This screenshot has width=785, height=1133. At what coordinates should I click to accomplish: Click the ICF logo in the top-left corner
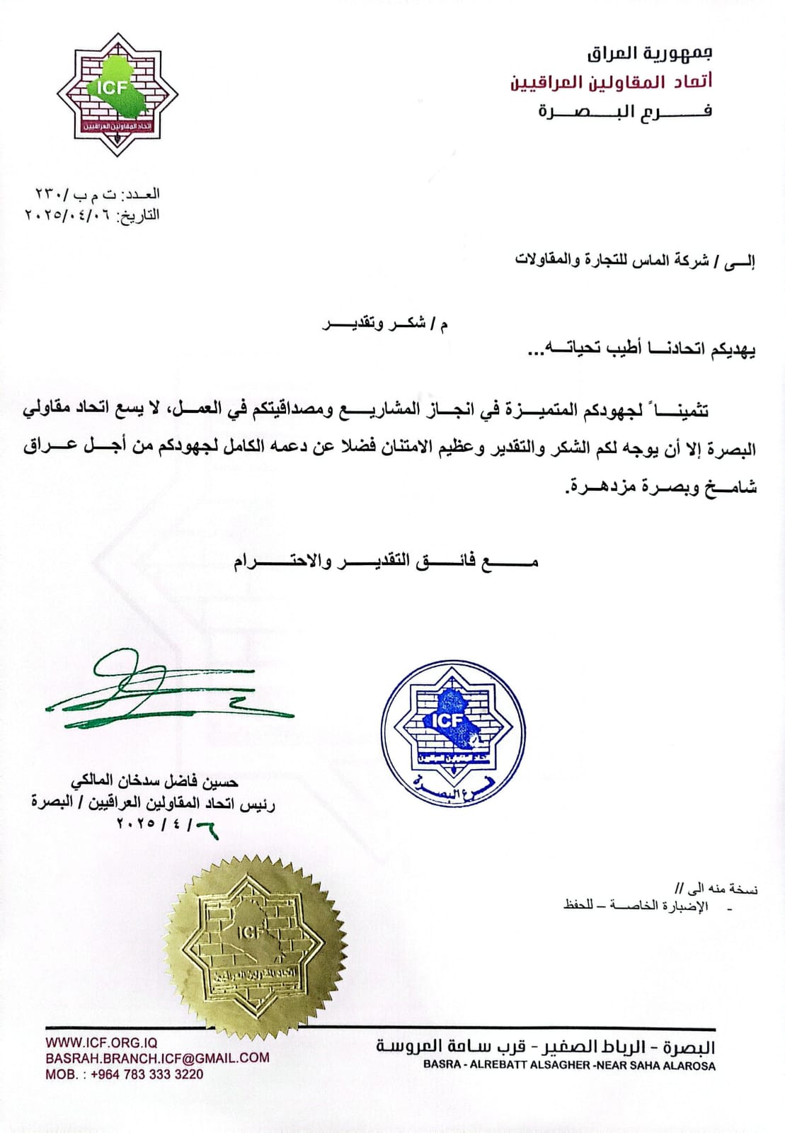point(117,94)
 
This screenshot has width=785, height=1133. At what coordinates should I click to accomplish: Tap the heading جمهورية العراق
point(649,52)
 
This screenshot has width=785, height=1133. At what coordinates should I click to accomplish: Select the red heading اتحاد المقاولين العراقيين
point(611,82)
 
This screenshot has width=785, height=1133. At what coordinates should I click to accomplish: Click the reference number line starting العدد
point(98,194)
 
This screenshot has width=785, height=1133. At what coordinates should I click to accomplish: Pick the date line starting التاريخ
point(92,215)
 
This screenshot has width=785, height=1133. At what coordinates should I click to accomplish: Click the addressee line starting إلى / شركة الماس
point(634,260)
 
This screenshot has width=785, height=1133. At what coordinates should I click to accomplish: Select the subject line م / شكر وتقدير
point(386,324)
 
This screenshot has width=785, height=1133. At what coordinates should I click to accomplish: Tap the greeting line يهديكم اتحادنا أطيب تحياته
point(641,351)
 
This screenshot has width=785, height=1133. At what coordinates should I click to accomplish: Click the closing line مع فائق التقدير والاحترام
point(386,562)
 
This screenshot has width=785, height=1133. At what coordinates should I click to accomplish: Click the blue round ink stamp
point(453,732)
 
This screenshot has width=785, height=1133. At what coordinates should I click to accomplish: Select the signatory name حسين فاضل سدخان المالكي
point(154,782)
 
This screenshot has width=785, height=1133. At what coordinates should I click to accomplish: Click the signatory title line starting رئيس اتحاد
point(153,803)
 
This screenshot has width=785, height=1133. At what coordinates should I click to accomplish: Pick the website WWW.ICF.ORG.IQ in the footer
point(101,1042)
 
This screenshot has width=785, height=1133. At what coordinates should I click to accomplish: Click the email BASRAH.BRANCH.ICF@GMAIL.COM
point(157,1058)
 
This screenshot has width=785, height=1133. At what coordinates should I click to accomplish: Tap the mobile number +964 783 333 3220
point(124,1074)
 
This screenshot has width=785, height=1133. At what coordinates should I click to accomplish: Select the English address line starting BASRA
point(569,1065)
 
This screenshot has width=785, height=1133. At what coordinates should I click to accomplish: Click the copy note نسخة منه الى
point(716,888)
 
